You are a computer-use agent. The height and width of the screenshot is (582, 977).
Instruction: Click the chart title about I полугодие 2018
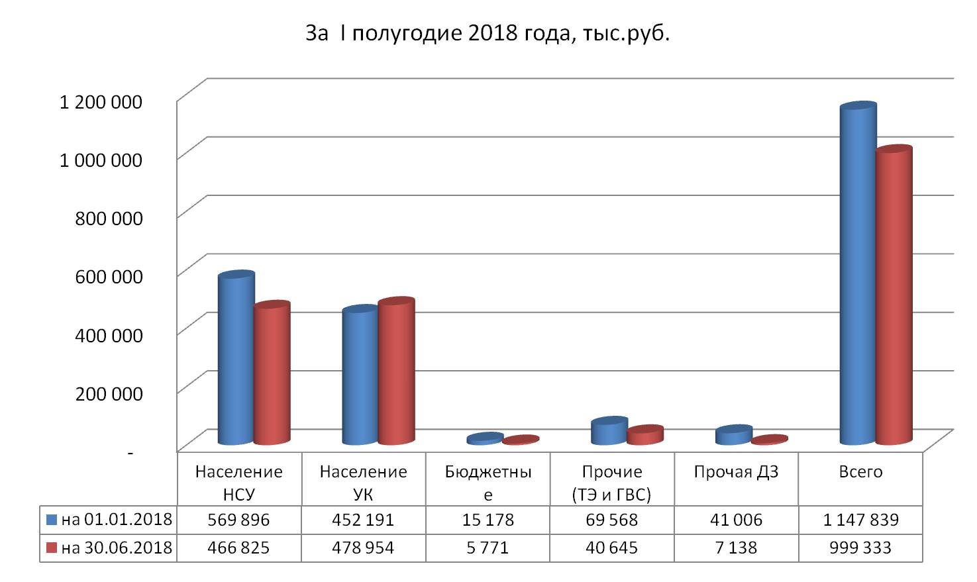488,34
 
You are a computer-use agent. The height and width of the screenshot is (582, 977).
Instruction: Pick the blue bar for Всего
857,275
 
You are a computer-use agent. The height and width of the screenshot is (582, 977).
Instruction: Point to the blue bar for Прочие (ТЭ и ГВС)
609,432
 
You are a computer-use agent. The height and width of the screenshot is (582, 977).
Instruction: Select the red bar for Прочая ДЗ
769,440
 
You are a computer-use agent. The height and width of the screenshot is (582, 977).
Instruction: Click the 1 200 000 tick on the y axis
101,102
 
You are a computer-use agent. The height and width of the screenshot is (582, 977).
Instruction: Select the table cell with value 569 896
239,520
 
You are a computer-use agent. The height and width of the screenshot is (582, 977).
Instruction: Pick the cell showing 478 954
363,548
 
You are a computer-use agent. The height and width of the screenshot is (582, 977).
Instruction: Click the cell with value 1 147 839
860,520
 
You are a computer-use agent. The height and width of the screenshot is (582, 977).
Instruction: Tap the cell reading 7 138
736,548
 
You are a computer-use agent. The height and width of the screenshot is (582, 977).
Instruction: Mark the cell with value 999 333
860,548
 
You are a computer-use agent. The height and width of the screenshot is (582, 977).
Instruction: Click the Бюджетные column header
488,483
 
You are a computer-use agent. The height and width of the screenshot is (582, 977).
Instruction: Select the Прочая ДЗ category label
736,472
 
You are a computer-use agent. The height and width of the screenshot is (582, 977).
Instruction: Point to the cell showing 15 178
488,520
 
